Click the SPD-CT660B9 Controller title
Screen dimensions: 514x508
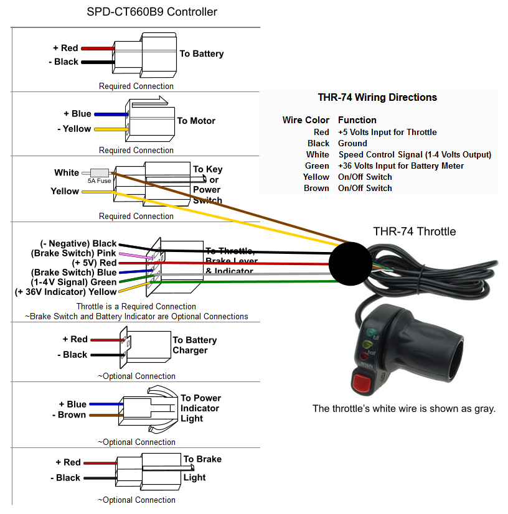click(x=152, y=12)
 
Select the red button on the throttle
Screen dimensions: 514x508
click(x=362, y=380)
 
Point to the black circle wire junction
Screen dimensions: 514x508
click(x=349, y=262)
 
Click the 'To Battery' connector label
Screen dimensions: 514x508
click(x=201, y=54)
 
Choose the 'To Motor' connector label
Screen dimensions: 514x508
click(x=196, y=121)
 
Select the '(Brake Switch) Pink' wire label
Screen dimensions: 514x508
click(x=73, y=253)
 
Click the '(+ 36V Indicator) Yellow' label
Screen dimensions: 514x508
click(x=65, y=292)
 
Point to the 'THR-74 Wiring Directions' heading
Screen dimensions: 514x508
click(x=377, y=98)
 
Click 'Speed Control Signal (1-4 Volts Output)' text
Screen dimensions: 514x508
click(x=415, y=154)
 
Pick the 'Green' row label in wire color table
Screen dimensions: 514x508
click(x=317, y=166)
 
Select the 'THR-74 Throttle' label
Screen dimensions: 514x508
click(x=414, y=231)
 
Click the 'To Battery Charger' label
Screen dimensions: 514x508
click(x=194, y=345)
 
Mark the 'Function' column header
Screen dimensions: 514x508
click(x=357, y=119)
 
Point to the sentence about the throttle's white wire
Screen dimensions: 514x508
click(x=403, y=409)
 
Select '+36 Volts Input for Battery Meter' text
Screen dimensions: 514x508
click(x=400, y=166)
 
